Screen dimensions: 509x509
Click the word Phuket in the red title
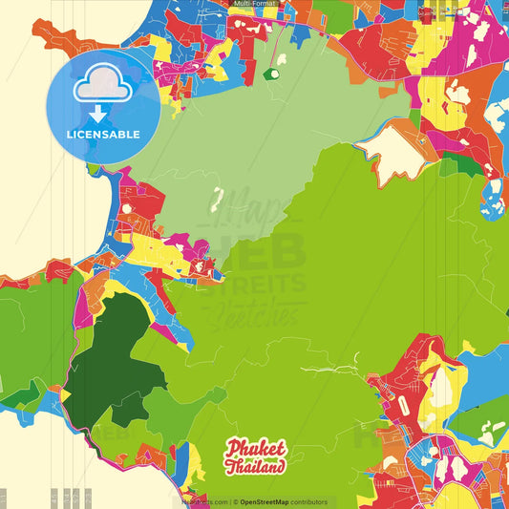[256, 449]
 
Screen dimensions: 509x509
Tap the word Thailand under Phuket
[255, 467]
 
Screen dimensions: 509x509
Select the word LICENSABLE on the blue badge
[103, 135]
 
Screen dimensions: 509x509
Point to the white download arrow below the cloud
[99, 113]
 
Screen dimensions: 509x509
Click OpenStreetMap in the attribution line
[271, 501]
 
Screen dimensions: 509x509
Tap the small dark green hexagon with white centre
[273, 72]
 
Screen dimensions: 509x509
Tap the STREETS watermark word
[254, 283]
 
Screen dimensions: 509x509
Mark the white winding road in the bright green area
[329, 368]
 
